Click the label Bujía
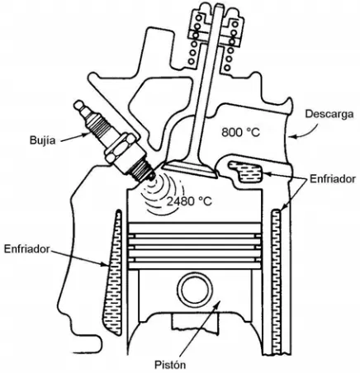click(42, 140)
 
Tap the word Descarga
click(329, 114)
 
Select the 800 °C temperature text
click(240, 132)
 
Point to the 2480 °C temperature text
click(189, 201)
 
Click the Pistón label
click(170, 365)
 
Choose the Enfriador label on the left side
click(26, 249)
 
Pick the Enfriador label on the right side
click(333, 179)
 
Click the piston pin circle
click(195, 289)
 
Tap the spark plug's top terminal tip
click(78, 104)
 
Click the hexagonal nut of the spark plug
click(119, 149)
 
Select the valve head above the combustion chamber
click(190, 168)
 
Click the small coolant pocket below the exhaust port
click(246, 172)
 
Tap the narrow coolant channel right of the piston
click(276, 281)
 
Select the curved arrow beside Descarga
click(306, 130)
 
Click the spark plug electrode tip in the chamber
click(151, 177)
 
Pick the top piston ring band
click(195, 228)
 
